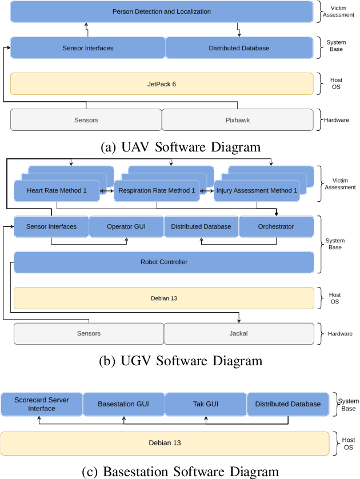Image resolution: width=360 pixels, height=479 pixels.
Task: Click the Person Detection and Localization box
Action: [162, 11]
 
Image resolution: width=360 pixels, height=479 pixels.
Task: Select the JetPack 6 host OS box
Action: [162, 84]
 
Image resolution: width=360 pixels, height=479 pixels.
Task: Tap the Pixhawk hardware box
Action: [238, 120]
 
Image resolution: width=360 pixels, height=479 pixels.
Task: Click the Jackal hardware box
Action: [239, 333]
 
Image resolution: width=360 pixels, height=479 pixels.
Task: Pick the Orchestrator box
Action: [276, 226]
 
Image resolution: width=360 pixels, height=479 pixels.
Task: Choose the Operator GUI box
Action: [126, 226]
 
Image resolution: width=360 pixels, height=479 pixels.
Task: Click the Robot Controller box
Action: [163, 262]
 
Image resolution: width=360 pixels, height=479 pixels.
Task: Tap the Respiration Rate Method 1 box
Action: [157, 190]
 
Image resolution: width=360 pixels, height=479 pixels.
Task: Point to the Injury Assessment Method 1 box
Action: [257, 190]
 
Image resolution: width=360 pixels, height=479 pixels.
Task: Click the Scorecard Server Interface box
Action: [42, 404]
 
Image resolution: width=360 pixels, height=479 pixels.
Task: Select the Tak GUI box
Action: [205, 404]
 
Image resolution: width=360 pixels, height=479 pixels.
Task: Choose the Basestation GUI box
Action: [123, 404]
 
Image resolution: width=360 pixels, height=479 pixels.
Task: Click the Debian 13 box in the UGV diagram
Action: [163, 298]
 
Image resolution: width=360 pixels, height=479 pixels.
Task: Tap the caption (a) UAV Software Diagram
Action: [180, 147]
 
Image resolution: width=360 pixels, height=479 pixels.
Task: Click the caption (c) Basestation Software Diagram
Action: [180, 471]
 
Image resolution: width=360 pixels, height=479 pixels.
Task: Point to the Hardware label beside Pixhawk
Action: [337, 120]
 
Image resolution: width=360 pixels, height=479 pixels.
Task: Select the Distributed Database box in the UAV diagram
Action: [239, 48]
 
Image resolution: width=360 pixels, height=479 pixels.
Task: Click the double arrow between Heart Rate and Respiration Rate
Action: [106, 191]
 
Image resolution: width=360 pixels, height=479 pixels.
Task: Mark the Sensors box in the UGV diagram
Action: [89, 333]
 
